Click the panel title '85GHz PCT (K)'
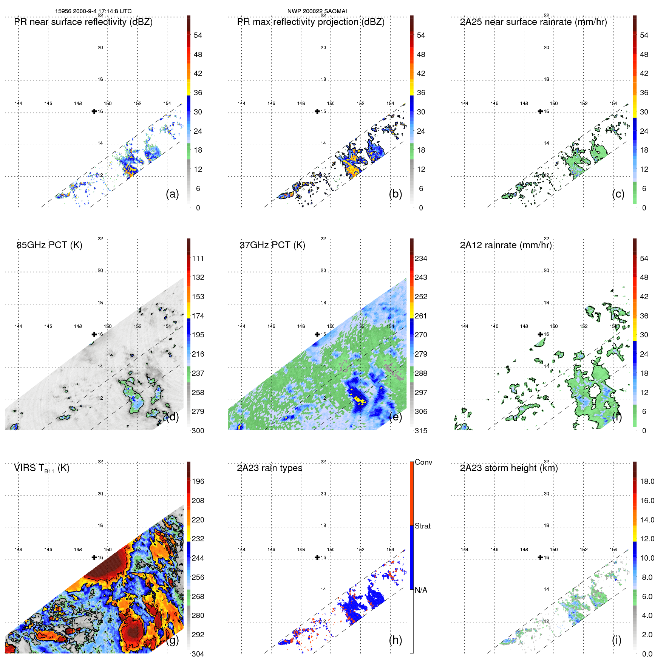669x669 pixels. [49, 245]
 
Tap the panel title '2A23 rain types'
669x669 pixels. [269, 468]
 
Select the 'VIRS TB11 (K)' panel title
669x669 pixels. [42, 468]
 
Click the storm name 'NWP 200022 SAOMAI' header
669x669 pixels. [317, 11]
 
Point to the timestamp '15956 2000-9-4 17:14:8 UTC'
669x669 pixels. [93, 11]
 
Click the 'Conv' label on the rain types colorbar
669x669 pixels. [423, 462]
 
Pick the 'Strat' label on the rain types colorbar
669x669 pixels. [422, 526]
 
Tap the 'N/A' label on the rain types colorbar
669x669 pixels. [421, 590]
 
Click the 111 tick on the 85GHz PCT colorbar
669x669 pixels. [198, 258]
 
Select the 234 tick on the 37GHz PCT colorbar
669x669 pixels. [421, 258]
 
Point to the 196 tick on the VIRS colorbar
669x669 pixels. [198, 481]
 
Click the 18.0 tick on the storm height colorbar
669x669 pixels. [647, 481]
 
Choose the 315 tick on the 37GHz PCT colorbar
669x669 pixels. [421, 431]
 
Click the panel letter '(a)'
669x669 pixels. [172, 194]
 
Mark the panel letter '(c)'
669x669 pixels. [618, 194]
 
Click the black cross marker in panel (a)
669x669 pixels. [94, 111]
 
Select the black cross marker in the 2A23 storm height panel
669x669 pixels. [540, 557]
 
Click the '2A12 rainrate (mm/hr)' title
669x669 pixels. [505, 245]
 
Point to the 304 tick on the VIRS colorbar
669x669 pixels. [198, 654]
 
